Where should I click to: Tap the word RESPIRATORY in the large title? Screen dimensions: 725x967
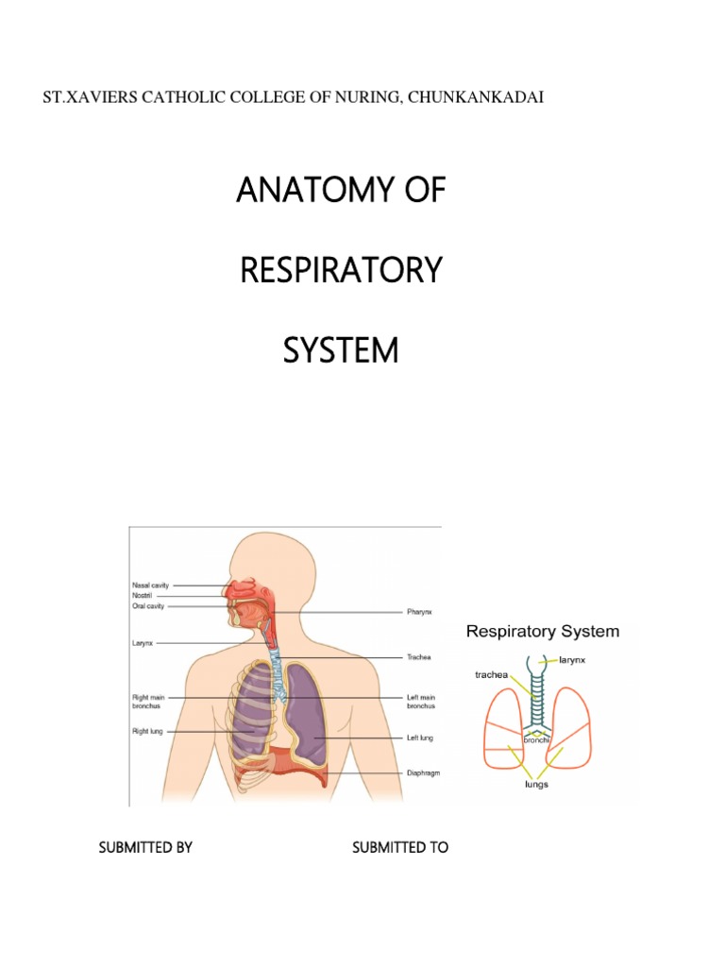click(341, 271)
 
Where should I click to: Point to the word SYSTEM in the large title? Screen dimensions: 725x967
click(341, 351)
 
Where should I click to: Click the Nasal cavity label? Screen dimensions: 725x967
click(151, 585)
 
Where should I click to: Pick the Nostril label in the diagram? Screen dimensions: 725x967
click(143, 596)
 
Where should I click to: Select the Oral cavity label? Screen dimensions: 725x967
click(149, 606)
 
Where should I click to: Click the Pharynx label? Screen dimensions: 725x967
click(420, 612)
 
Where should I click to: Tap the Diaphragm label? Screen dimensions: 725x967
click(424, 772)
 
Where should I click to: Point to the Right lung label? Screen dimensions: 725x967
click(147, 730)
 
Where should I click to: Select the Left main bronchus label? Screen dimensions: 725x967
click(420, 702)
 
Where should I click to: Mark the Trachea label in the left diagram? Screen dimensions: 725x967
click(419, 656)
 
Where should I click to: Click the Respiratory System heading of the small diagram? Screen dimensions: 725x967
click(543, 631)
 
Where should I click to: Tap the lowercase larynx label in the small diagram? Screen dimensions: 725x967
click(572, 660)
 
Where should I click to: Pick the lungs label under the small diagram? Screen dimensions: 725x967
click(537, 784)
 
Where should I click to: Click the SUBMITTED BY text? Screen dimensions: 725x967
click(145, 847)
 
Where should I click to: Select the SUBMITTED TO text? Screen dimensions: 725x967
click(400, 847)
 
